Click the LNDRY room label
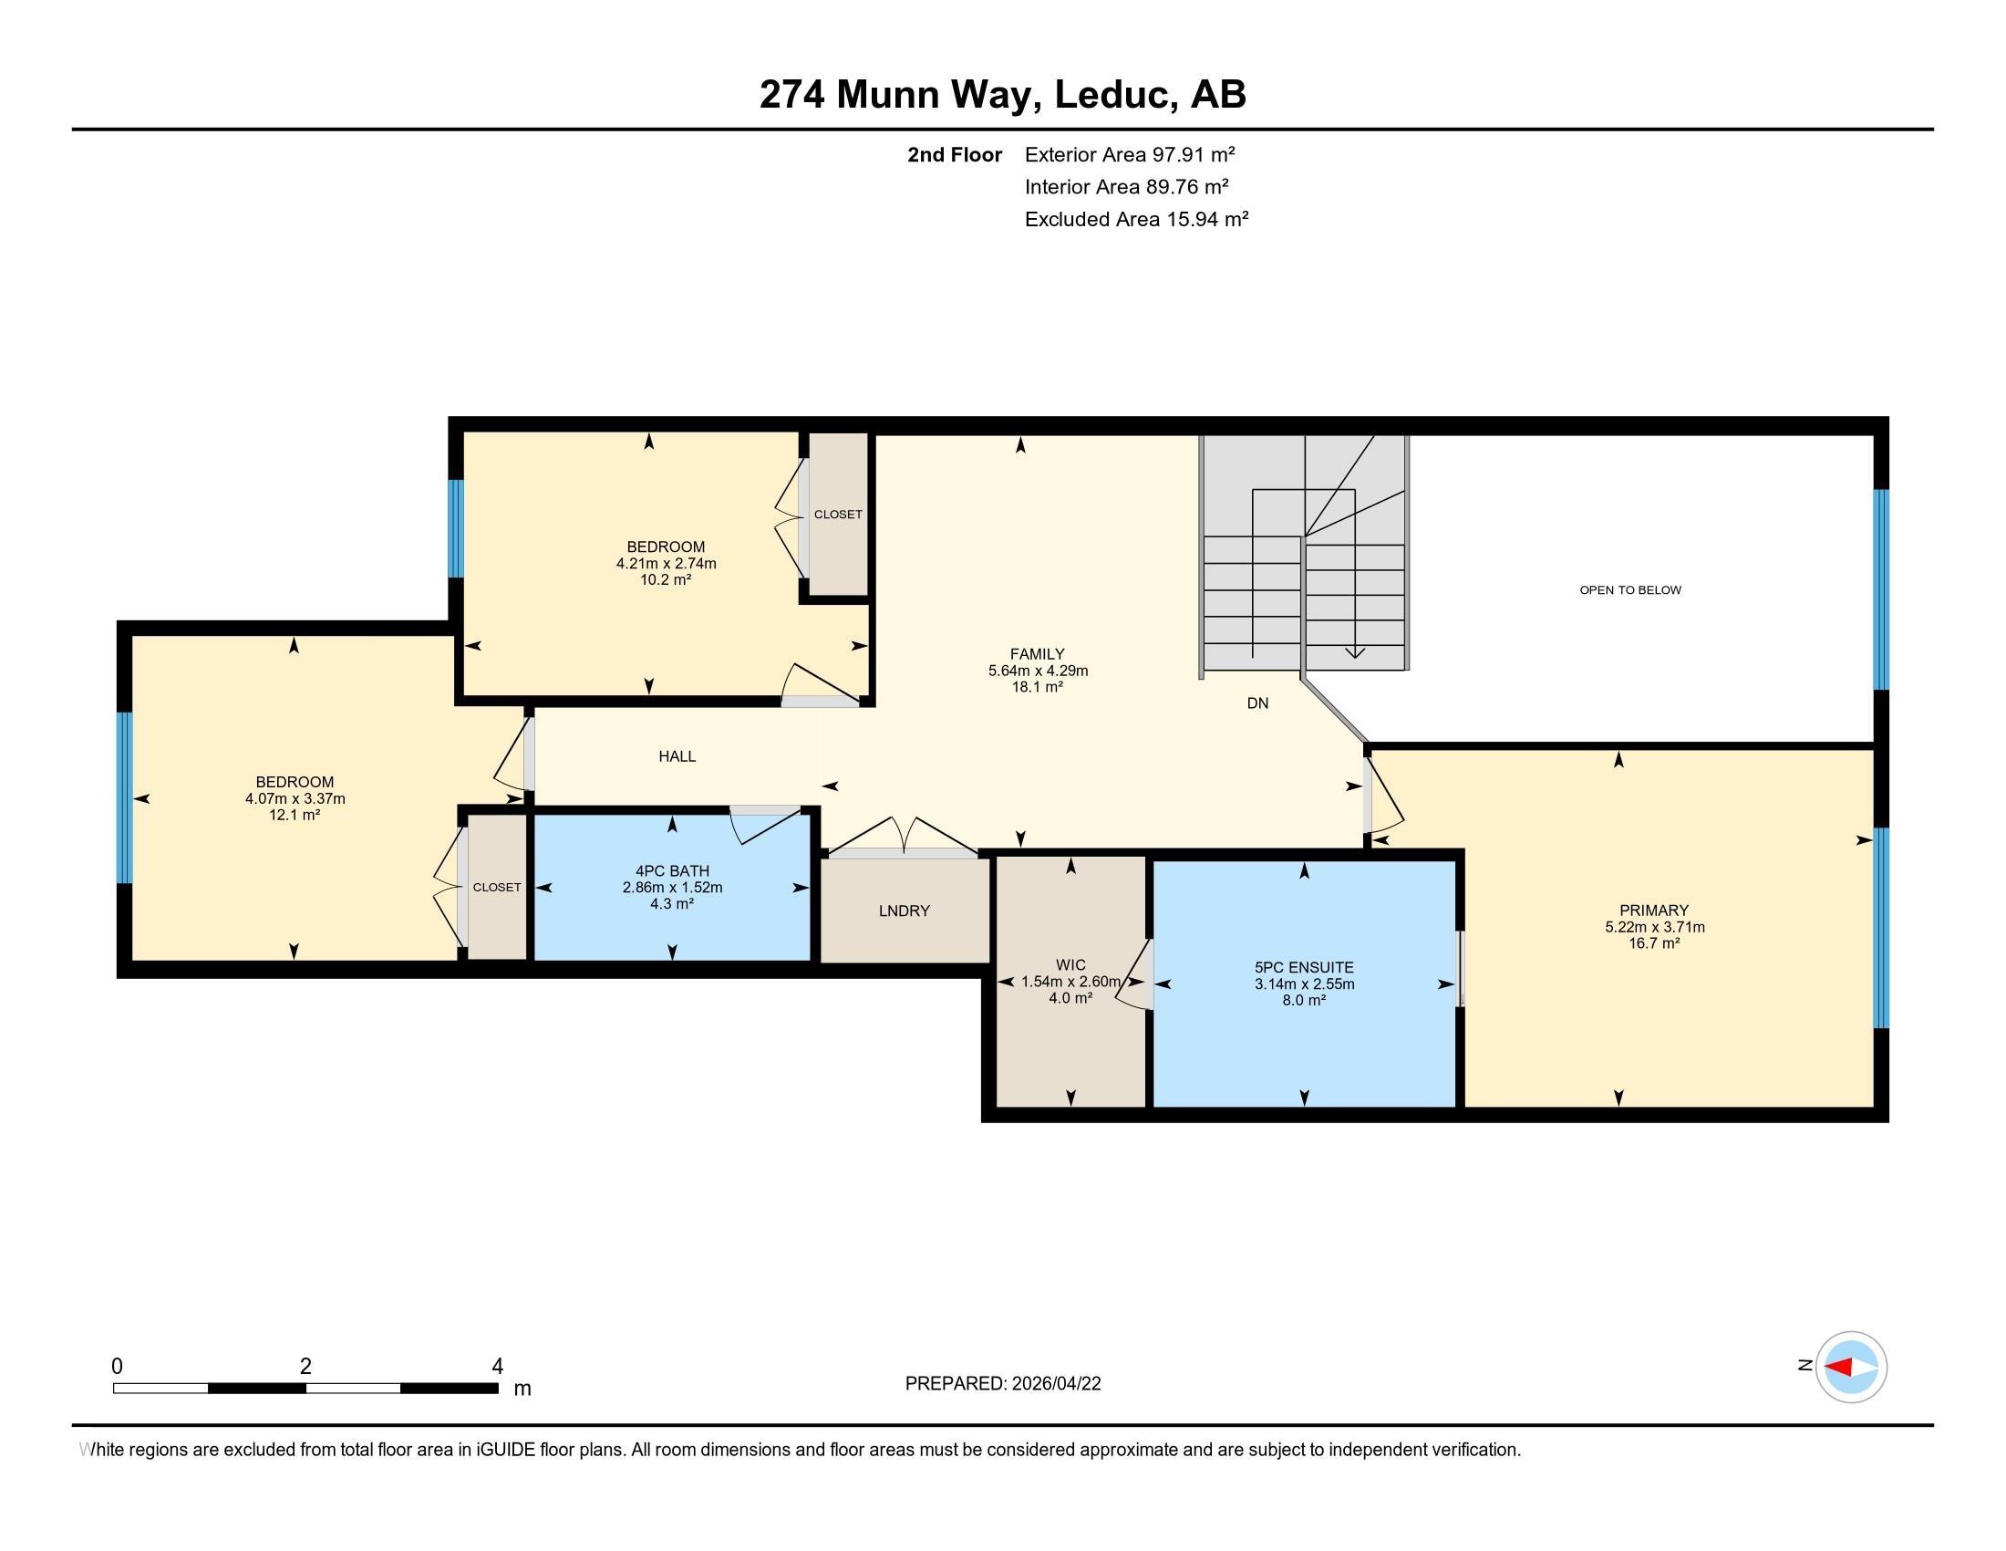(x=904, y=911)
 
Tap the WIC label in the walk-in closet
(x=1070, y=964)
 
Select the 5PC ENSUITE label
(x=1304, y=966)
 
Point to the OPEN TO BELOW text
(x=1630, y=590)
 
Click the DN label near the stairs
(x=1257, y=703)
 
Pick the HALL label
(x=677, y=756)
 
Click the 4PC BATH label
(x=672, y=871)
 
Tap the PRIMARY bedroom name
(x=1654, y=911)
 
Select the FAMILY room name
(x=1037, y=654)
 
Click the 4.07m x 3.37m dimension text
(x=295, y=799)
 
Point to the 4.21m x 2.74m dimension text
(x=666, y=563)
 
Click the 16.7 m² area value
(x=1654, y=943)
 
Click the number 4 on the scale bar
(x=498, y=1367)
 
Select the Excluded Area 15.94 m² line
(x=1136, y=219)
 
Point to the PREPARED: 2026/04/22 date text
(x=1003, y=1384)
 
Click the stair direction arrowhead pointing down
(x=1355, y=653)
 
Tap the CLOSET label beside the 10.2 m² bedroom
(x=838, y=515)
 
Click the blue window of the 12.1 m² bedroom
(x=125, y=797)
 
